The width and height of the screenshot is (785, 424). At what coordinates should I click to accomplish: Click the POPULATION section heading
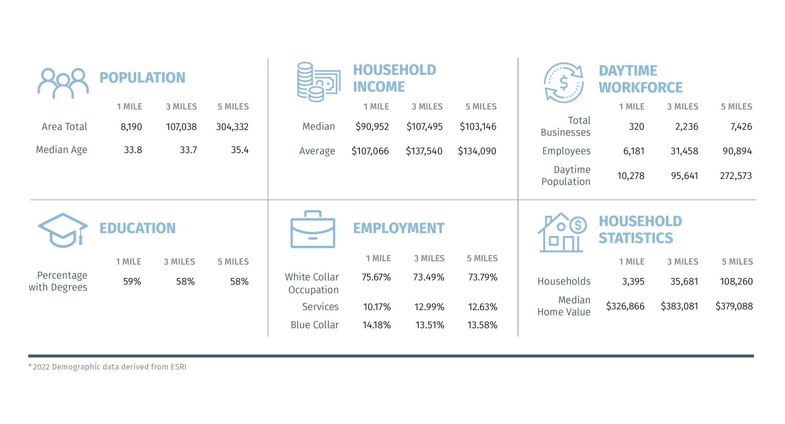tap(142, 78)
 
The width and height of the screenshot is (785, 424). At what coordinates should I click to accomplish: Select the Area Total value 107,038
tap(181, 127)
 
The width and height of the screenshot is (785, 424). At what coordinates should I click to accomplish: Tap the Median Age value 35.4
tap(239, 150)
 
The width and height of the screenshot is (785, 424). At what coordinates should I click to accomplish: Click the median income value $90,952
tap(372, 126)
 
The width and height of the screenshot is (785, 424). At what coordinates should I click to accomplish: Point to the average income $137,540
tap(424, 151)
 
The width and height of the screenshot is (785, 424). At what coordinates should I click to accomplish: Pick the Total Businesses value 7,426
tap(741, 126)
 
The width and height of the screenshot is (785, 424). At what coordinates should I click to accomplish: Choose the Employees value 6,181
tap(633, 151)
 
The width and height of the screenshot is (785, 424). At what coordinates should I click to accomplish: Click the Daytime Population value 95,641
tap(684, 175)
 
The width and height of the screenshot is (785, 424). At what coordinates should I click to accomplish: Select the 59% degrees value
tap(132, 281)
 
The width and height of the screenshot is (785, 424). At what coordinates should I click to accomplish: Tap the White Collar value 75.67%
tap(376, 277)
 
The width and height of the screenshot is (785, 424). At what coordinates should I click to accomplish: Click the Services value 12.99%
tap(429, 307)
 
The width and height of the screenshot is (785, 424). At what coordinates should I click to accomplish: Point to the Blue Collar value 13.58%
tap(482, 325)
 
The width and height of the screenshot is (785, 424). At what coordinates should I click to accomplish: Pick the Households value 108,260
tap(736, 281)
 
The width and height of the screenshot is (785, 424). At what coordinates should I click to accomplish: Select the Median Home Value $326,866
tap(625, 306)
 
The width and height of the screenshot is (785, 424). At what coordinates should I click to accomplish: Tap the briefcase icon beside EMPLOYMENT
tap(313, 230)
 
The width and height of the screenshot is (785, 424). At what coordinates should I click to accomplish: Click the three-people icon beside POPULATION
tap(63, 83)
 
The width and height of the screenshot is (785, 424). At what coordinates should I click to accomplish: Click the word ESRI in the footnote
tap(178, 367)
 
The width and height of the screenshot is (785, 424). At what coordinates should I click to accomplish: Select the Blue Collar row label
tap(314, 325)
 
